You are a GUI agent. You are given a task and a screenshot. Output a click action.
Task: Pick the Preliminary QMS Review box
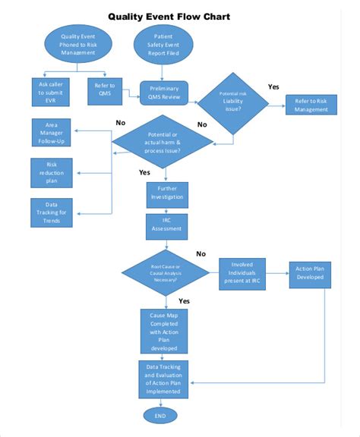coord(164,92)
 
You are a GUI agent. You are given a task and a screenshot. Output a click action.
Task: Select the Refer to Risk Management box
coord(312,105)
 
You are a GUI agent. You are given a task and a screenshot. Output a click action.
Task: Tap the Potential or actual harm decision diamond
coord(164,142)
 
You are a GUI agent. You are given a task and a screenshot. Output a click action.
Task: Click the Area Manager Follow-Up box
coord(52,133)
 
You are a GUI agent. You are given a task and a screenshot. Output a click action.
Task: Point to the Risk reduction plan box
coord(52,172)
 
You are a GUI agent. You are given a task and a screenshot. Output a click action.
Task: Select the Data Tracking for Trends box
coord(52,212)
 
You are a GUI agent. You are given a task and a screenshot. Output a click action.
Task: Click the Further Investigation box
coord(165,193)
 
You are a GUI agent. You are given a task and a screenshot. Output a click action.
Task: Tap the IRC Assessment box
coord(165,225)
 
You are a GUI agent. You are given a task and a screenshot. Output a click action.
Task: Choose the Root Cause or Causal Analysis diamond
coord(165,274)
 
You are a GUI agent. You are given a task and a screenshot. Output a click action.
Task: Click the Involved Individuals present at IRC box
coord(245,273)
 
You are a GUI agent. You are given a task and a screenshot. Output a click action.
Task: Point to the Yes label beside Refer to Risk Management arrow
coord(273,86)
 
